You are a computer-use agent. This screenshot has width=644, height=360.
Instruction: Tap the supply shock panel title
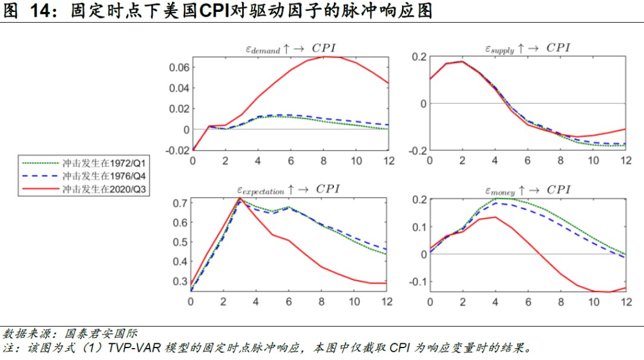527,49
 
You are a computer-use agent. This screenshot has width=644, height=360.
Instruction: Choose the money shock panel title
528,190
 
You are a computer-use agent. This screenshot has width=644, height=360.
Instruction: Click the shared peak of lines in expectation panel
240,198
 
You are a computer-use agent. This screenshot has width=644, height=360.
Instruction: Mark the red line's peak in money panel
495,217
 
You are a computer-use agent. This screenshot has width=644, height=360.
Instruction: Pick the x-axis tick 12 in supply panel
626,162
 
